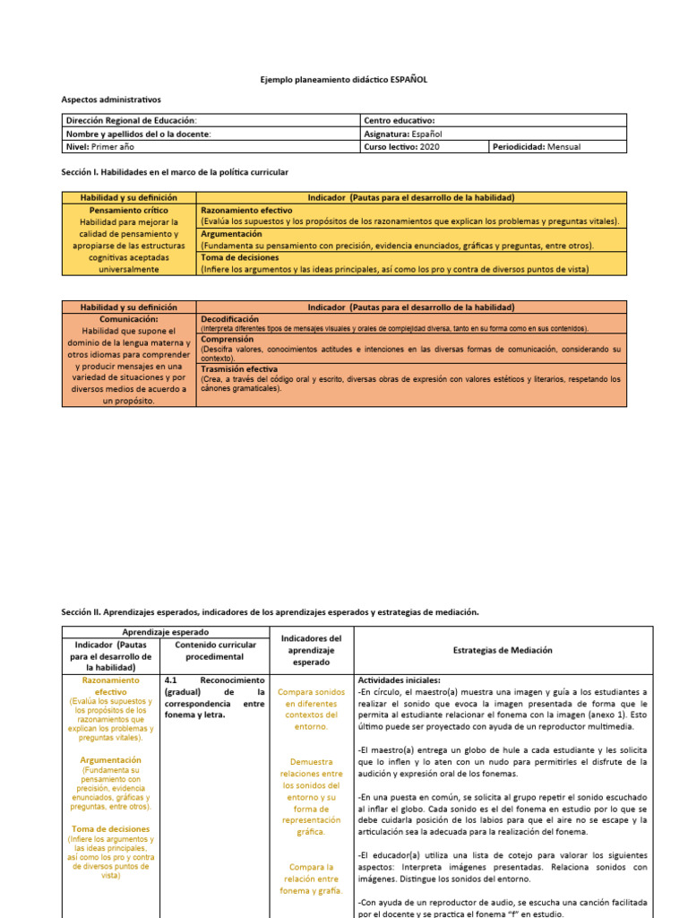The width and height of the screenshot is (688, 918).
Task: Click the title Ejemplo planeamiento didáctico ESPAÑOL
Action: point(344,80)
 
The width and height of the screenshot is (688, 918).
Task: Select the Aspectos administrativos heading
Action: point(111,100)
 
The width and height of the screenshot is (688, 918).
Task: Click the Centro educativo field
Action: point(400,121)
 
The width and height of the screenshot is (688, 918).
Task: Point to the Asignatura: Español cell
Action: point(403,134)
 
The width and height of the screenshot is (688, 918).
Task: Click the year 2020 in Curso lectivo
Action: point(430,146)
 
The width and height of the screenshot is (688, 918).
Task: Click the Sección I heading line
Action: point(175,171)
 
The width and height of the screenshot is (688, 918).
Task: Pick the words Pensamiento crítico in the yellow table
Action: point(129,210)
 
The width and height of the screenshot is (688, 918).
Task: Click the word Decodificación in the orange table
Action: point(229,318)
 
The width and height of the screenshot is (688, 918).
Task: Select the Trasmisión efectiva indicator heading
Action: point(239,368)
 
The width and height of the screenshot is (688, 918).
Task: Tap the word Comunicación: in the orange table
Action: point(129,318)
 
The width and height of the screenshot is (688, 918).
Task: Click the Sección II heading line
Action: point(270,611)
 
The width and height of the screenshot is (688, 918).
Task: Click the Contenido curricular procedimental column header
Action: point(214,650)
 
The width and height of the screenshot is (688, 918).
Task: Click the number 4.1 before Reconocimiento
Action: point(173,680)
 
